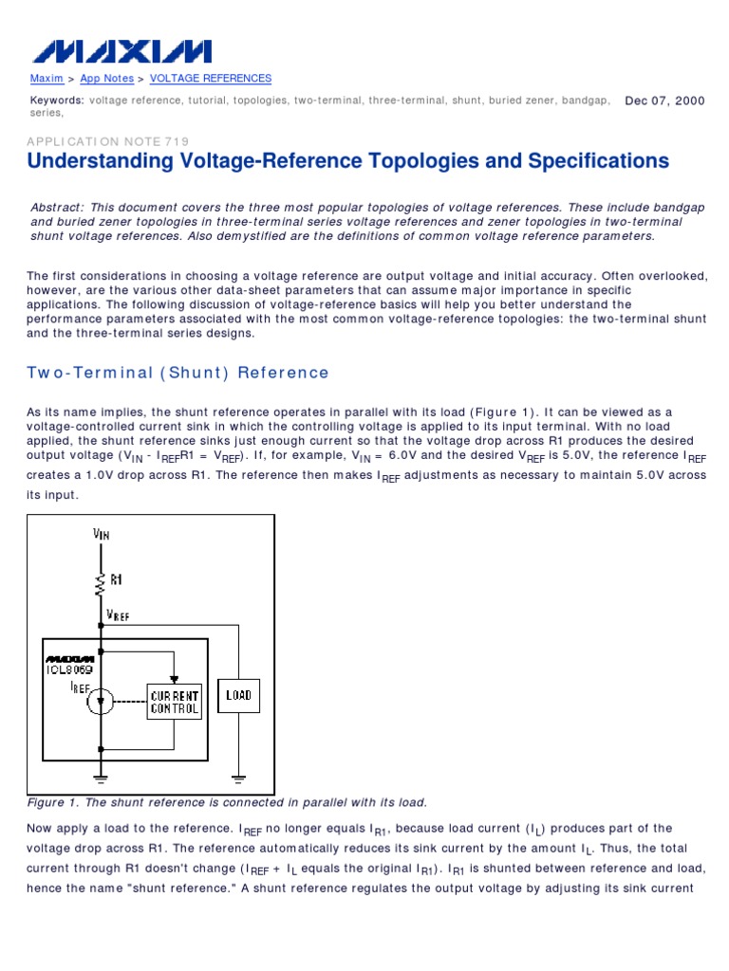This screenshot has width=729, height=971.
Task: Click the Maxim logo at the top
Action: point(120,50)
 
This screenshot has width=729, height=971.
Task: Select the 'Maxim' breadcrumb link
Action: point(47,79)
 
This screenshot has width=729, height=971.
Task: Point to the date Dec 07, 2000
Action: point(664,101)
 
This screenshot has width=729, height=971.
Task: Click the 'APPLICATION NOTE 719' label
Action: point(109,141)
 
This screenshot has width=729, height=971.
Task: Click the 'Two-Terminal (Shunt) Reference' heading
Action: point(178,373)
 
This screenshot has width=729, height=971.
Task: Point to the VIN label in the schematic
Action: point(102,534)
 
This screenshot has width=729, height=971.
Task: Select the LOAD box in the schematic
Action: point(238,695)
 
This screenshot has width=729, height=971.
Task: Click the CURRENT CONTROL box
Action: point(174,702)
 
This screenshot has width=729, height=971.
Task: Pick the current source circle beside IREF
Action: point(101,701)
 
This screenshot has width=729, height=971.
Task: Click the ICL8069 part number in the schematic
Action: point(69,669)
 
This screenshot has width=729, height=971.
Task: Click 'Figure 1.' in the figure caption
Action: point(53,802)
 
